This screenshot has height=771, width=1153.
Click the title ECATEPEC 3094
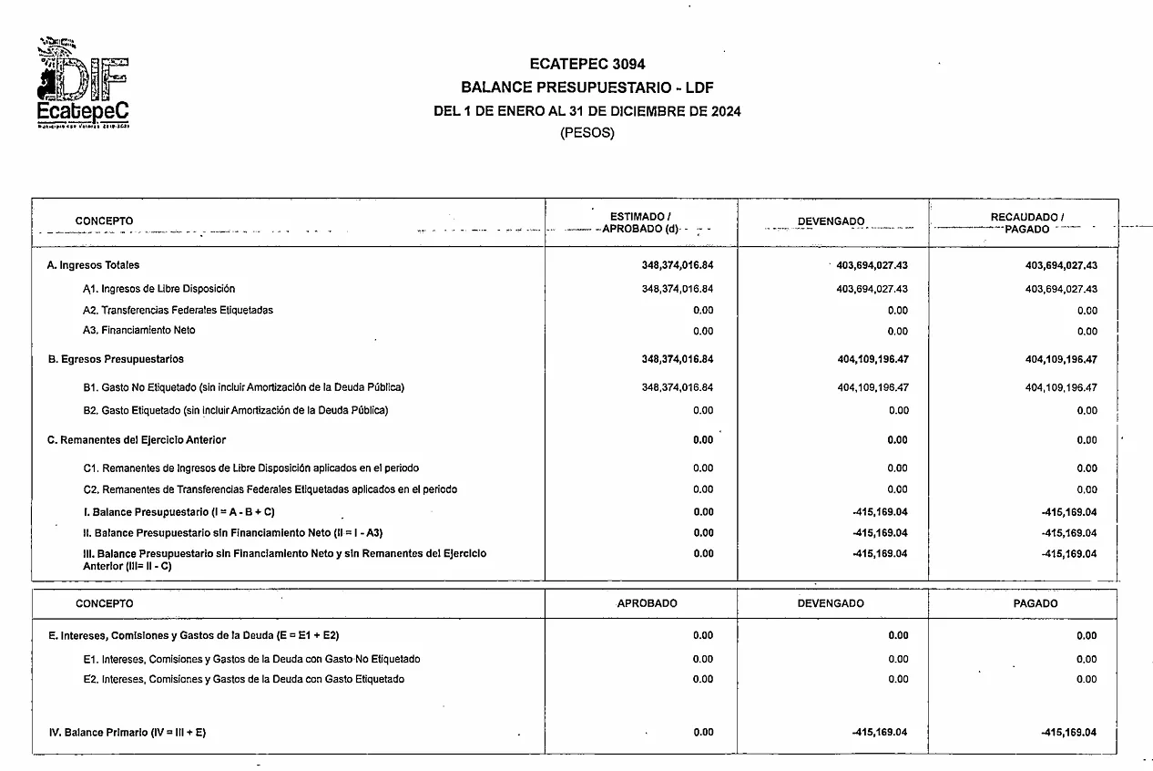(x=587, y=64)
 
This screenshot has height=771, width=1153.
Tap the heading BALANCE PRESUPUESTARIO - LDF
(x=587, y=88)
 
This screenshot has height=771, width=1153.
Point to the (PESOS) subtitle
(x=587, y=133)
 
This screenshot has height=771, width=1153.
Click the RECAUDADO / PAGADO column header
(x=1026, y=222)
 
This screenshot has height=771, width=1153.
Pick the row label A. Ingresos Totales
(x=94, y=265)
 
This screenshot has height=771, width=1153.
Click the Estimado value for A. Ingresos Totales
(x=677, y=265)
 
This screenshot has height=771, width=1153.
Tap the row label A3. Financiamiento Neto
(x=138, y=330)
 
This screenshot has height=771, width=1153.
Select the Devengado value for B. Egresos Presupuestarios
(x=872, y=359)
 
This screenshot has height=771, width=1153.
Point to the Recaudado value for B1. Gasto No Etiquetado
(x=1061, y=387)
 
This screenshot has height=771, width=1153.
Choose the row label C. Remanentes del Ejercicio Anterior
(x=137, y=440)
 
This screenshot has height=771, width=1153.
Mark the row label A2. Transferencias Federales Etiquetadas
(x=178, y=310)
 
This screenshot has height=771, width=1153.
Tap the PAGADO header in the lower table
(x=1036, y=603)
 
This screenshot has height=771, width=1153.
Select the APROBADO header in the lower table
(x=647, y=603)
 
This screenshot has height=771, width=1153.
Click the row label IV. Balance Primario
(x=127, y=733)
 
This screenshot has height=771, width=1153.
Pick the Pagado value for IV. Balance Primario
(x=1067, y=733)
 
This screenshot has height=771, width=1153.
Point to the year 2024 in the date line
(x=725, y=112)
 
